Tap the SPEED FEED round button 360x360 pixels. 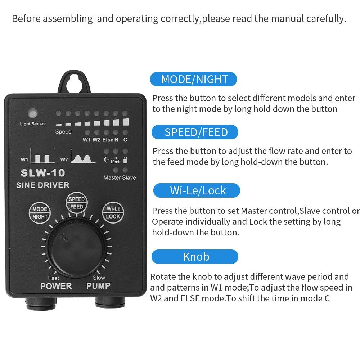[x=77, y=203]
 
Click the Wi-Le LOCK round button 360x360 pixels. [x=113, y=212]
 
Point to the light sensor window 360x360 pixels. [x=33, y=114]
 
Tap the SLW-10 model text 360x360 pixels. [x=43, y=173]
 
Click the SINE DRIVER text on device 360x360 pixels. [x=42, y=185]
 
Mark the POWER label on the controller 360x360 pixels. [x=56, y=286]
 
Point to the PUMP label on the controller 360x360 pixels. [x=98, y=286]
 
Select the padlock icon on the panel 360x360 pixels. [x=125, y=159]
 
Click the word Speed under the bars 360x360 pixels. [x=63, y=132]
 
